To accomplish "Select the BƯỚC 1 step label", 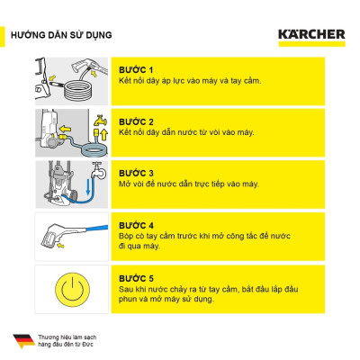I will (137, 69).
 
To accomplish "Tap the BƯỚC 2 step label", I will (137, 121).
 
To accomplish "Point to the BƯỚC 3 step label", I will (137, 172).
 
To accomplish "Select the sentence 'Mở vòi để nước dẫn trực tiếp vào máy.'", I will (189, 184).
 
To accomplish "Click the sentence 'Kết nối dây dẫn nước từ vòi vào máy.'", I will (186, 132).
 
